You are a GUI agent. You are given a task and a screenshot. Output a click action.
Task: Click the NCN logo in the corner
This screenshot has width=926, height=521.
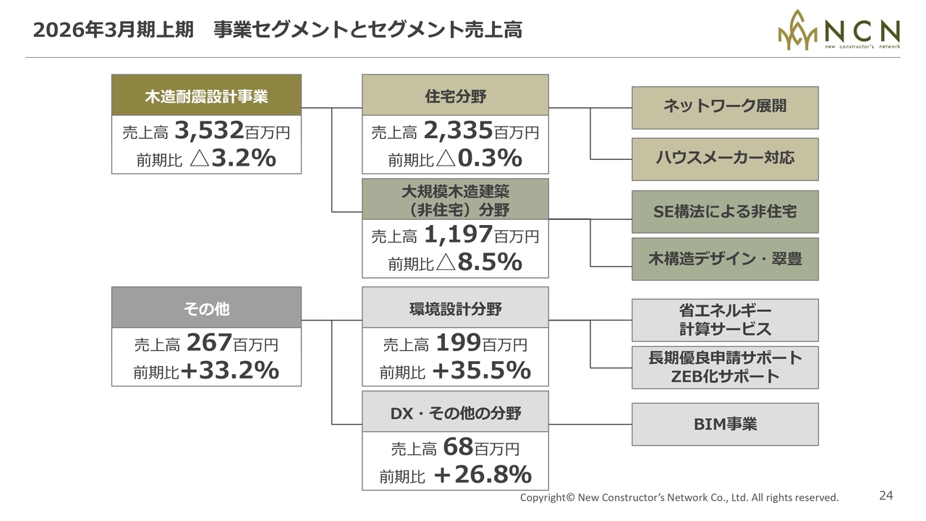tap(838, 30)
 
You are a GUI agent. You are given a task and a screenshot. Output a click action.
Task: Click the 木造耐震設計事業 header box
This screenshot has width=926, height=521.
tap(206, 96)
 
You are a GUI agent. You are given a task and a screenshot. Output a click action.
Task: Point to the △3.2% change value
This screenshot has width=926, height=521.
tap(232, 158)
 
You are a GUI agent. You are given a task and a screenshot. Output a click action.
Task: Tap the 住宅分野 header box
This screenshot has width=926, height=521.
tap(455, 96)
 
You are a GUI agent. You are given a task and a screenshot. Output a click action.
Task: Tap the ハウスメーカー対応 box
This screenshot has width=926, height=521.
tap(725, 158)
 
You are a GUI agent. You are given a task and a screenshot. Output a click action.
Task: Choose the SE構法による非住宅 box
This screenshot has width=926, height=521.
tap(725, 211)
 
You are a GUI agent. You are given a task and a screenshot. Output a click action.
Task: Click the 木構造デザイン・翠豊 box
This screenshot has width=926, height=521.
tap(725, 259)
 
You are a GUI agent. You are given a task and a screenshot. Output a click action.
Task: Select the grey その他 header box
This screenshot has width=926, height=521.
tap(206, 308)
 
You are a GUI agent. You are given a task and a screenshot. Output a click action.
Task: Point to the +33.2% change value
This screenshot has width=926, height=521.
tap(230, 371)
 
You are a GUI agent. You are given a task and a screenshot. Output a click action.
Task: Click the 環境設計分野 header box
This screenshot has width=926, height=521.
tap(455, 308)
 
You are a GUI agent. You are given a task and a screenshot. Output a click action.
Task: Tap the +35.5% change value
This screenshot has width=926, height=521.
tap(481, 371)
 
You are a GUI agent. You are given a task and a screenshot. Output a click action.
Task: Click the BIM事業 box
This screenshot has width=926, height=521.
tap(725, 424)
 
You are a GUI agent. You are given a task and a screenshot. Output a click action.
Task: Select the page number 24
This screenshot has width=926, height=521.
tap(886, 496)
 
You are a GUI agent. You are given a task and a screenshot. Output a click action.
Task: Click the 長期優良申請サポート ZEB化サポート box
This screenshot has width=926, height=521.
tap(725, 367)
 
